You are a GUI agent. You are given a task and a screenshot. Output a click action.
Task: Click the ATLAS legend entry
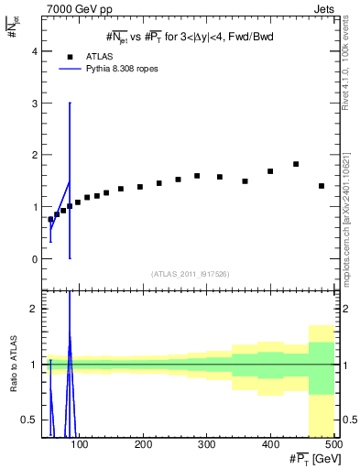click(96, 56)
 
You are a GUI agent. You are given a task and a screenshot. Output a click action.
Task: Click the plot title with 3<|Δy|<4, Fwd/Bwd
click(190, 36)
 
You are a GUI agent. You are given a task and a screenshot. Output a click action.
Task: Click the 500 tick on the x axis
click(333, 445)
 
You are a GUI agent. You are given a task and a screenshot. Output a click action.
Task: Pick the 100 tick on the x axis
click(81, 445)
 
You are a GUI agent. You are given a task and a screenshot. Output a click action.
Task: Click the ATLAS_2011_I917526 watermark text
click(190, 274)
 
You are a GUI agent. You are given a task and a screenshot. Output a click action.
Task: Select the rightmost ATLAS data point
click(321, 186)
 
